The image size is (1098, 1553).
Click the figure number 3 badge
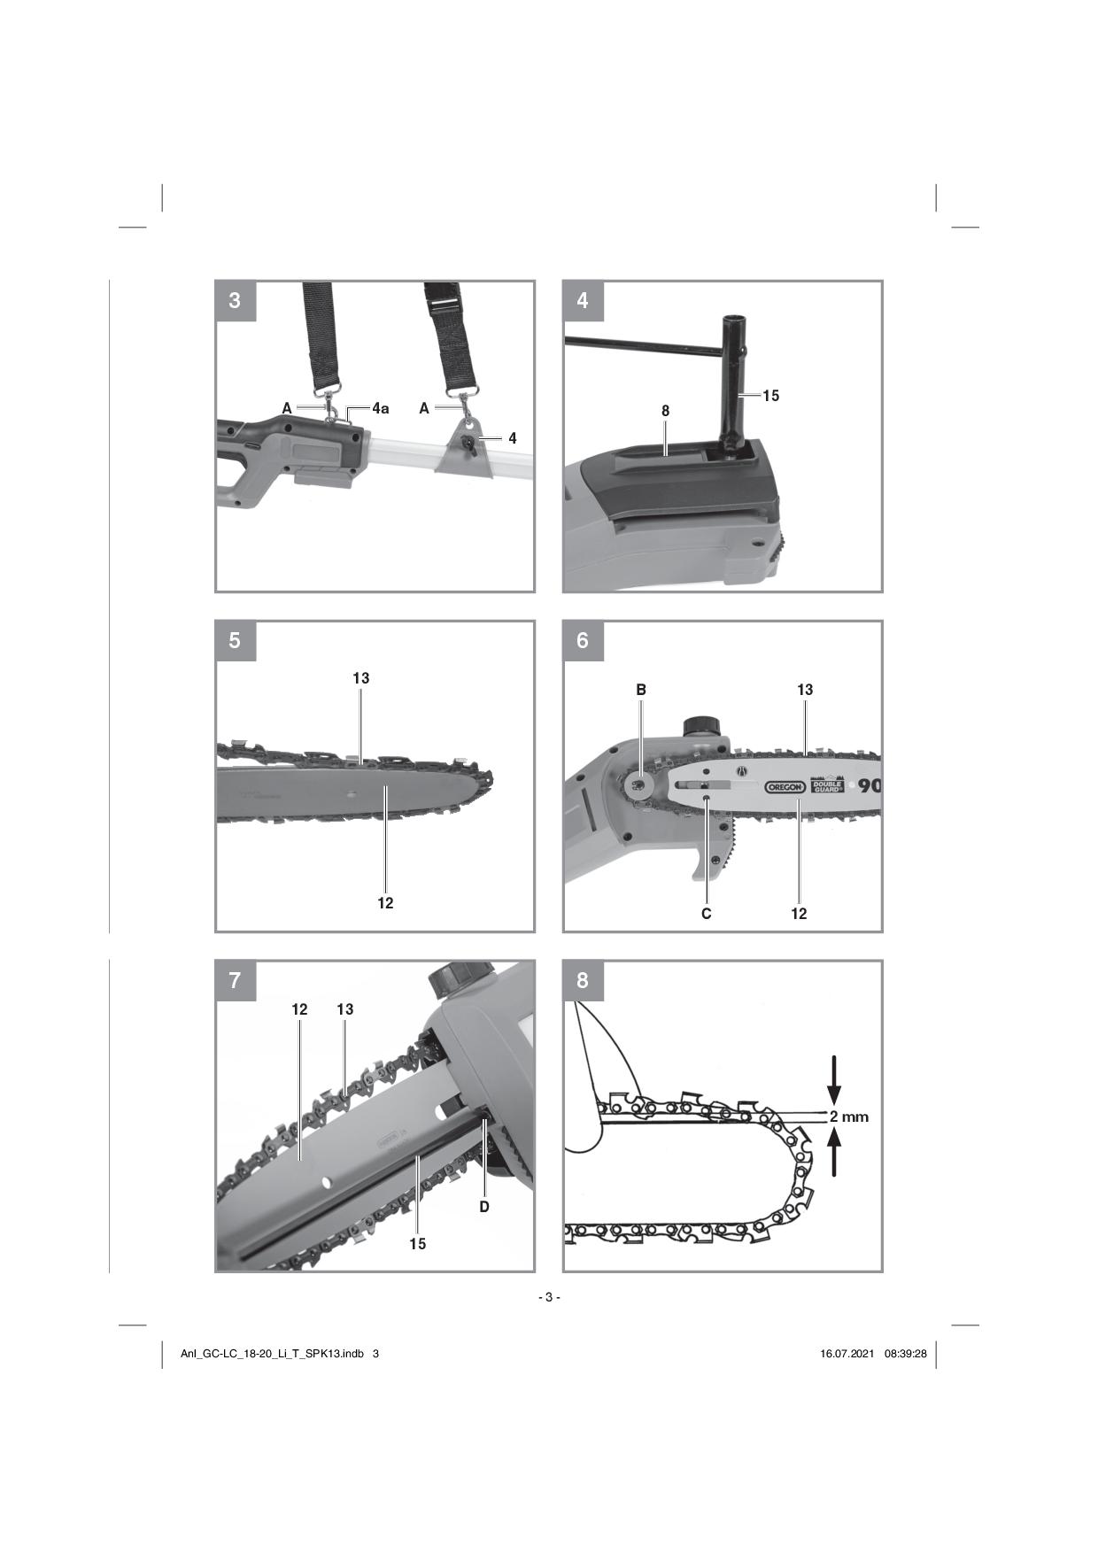pos(235,301)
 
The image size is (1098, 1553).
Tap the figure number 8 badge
pos(583,980)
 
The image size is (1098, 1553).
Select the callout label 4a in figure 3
pos(380,408)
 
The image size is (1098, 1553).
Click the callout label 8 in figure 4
pos(665,411)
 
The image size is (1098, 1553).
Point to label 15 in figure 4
pos(770,396)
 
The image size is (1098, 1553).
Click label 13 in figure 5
pos(360,678)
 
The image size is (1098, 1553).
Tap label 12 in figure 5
pos(385,903)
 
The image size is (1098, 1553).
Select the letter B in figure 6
pos(641,689)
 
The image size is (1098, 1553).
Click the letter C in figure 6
pos(706,914)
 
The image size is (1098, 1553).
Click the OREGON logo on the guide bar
pos(785,786)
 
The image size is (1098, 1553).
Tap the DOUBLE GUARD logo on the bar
pos(828,785)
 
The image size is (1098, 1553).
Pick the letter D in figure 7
pos(484,1206)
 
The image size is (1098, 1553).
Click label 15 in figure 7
pos(417,1244)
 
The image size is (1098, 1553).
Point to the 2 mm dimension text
pos(849,1116)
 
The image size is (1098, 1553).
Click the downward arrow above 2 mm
pos(834,1078)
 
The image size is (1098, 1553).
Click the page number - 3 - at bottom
pos(549,1297)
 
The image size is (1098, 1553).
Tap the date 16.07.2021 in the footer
pos(847,1353)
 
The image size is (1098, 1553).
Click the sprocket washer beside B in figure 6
pos(638,784)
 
